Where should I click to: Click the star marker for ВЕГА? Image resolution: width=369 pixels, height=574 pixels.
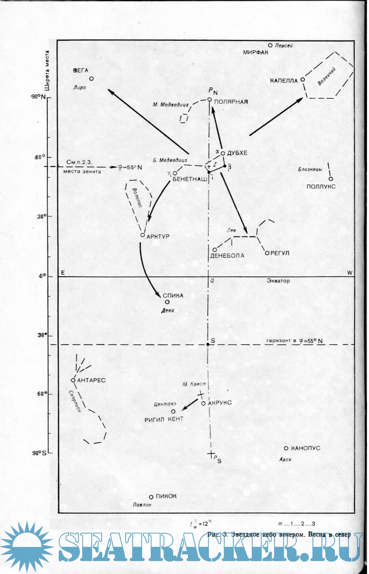click(x=92, y=79)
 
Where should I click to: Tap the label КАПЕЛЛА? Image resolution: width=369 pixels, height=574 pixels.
click(x=284, y=81)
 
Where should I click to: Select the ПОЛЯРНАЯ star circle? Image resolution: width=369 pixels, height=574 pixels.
click(x=210, y=99)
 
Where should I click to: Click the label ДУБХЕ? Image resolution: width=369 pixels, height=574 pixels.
click(x=237, y=153)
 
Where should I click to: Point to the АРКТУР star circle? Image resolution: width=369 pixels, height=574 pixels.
click(x=143, y=235)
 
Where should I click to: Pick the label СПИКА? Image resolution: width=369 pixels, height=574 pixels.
click(x=173, y=296)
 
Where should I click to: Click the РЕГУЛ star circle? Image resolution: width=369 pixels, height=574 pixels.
click(x=267, y=253)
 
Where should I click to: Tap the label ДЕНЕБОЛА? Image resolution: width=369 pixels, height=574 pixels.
click(x=227, y=256)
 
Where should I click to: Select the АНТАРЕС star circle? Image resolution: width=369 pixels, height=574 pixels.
click(x=73, y=380)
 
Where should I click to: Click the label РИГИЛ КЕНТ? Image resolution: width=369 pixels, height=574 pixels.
click(x=164, y=419)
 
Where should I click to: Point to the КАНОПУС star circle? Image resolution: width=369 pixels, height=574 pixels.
click(x=286, y=448)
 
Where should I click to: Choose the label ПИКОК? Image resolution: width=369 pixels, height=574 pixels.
click(x=166, y=496)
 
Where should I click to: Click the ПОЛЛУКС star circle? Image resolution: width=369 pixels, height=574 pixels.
click(x=331, y=179)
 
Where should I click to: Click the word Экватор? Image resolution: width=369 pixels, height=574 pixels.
click(x=278, y=281)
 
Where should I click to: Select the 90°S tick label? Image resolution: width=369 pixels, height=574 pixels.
click(x=39, y=453)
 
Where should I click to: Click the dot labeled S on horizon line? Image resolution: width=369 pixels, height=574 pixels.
click(x=208, y=344)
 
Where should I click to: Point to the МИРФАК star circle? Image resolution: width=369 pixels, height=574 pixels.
click(x=270, y=45)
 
